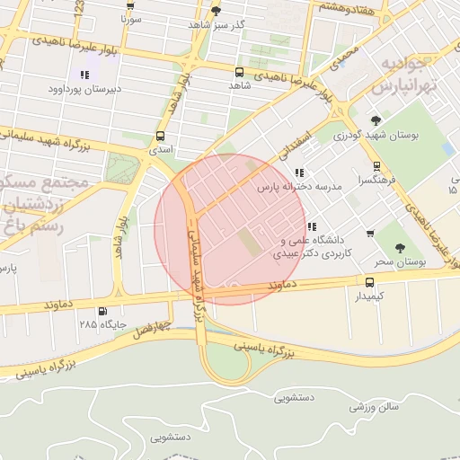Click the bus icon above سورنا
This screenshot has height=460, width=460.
(132, 4)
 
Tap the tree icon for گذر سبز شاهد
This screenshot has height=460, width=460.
(216, 11)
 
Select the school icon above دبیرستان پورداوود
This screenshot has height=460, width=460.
(84, 75)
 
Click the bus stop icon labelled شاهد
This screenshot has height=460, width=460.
(239, 72)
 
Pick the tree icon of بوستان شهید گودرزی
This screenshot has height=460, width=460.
(376, 120)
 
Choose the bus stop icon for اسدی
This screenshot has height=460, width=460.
(161, 137)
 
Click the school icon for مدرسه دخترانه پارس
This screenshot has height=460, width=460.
(299, 172)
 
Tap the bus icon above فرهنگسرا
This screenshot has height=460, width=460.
(376, 166)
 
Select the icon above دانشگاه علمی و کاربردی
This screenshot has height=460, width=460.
(312, 227)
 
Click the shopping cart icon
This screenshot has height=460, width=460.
(370, 234)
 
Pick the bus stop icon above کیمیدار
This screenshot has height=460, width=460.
(369, 281)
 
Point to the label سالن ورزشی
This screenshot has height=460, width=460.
(375, 407)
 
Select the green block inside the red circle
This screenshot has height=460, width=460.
(244, 241)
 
